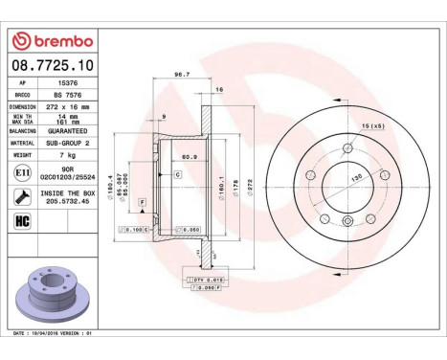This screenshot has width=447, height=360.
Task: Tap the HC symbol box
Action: click(x=21, y=221)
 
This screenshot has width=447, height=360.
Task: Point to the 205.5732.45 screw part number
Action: click(x=67, y=202)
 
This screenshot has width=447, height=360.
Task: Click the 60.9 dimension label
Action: click(x=190, y=156)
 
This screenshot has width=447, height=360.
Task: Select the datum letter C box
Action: click(x=177, y=175)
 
